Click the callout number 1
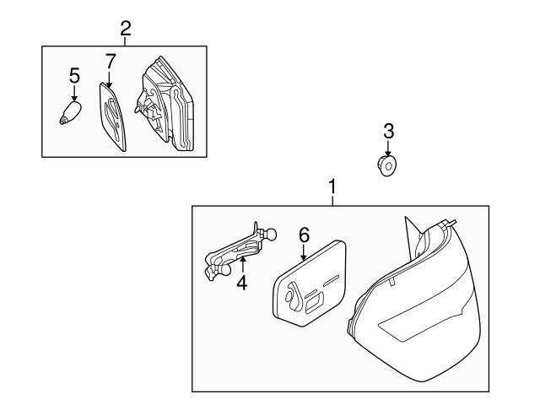(x=332, y=187)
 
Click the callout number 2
(x=126, y=29)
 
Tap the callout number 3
(x=388, y=132)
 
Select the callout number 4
(x=242, y=283)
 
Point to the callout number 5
(x=74, y=75)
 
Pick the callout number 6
(x=304, y=235)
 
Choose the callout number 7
(x=110, y=62)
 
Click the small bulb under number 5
(x=70, y=112)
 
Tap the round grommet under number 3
(x=386, y=166)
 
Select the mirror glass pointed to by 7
(x=112, y=116)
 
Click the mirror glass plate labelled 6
(x=309, y=283)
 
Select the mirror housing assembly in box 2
(x=165, y=105)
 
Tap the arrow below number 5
(x=74, y=92)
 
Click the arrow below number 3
(x=388, y=148)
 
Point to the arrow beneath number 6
(x=304, y=252)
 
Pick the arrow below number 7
(x=110, y=78)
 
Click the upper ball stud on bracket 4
(x=271, y=235)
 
